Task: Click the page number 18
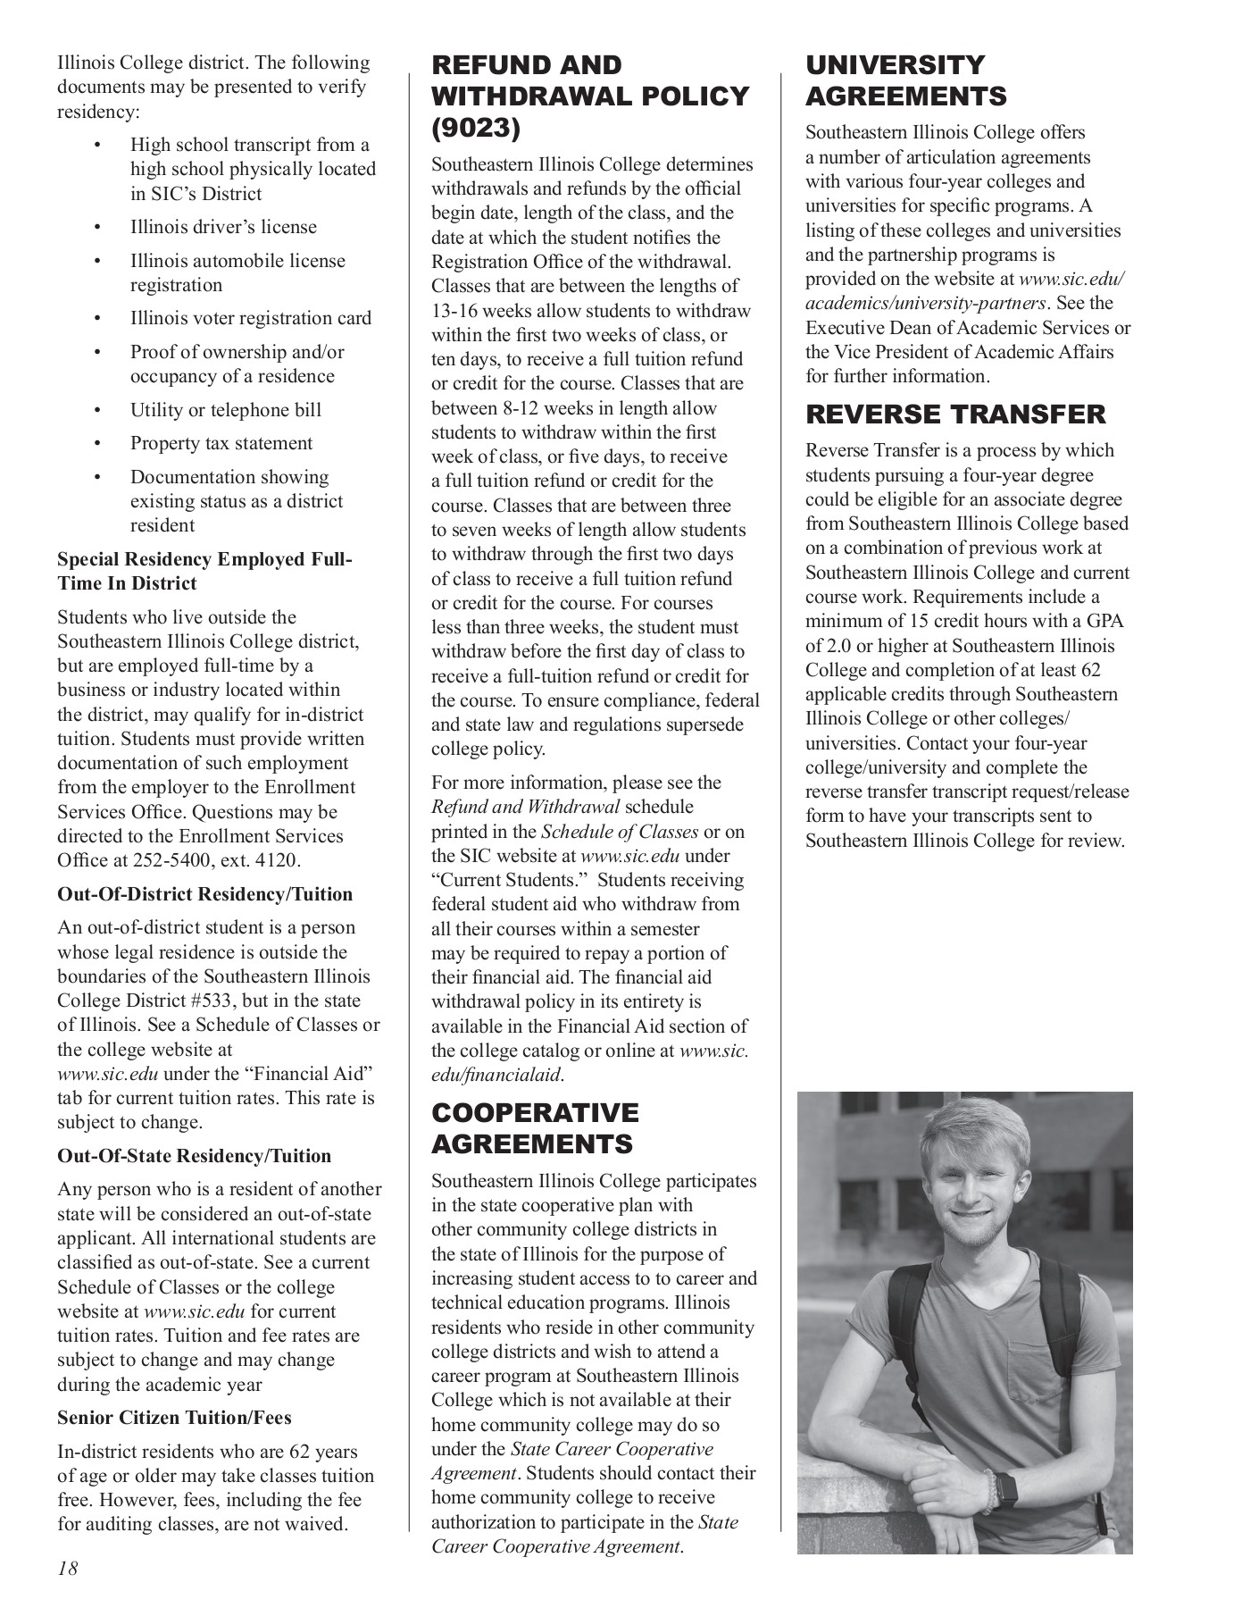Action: click(x=68, y=1567)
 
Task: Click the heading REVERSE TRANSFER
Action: click(x=955, y=415)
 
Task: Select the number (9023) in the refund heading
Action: click(x=475, y=128)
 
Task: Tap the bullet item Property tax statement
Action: click(x=221, y=444)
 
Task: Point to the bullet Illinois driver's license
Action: click(x=223, y=227)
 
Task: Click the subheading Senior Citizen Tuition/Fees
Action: click(x=174, y=1418)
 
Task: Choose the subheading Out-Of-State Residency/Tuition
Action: click(x=194, y=1156)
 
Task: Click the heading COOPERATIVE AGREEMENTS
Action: click(x=535, y=1128)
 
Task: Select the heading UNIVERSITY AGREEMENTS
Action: click(x=905, y=80)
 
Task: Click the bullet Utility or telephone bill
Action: click(x=225, y=411)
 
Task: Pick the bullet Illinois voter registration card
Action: click(x=250, y=319)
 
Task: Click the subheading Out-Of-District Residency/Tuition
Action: click(x=204, y=895)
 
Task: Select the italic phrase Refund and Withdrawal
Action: click(x=525, y=808)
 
